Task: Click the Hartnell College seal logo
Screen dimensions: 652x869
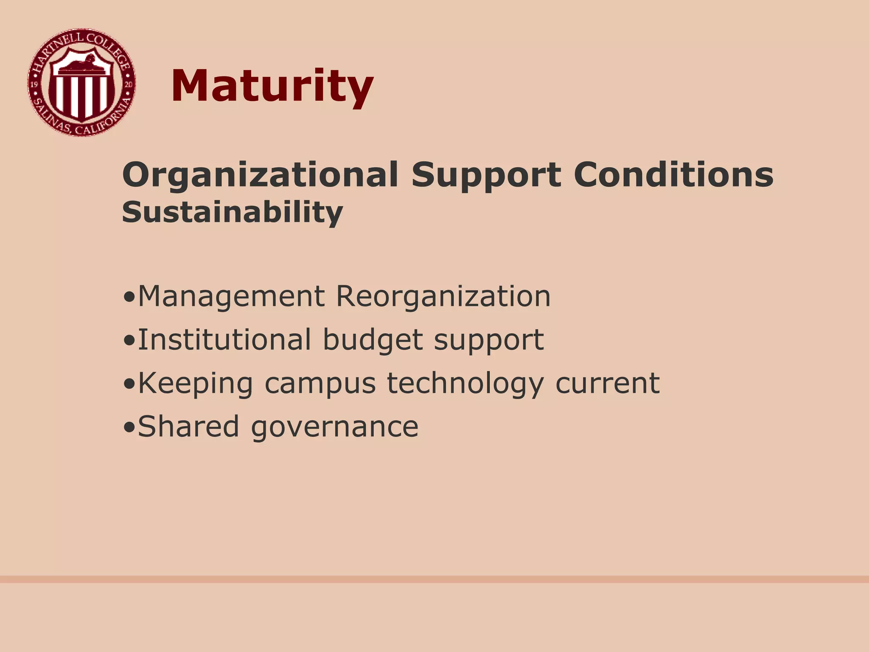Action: click(81, 83)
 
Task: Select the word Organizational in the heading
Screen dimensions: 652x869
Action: click(260, 175)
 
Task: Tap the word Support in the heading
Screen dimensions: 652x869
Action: click(486, 175)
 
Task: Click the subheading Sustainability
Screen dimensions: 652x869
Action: click(232, 212)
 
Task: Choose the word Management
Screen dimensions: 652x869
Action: click(231, 296)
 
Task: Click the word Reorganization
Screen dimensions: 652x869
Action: click(443, 296)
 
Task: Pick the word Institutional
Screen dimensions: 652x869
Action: click(224, 340)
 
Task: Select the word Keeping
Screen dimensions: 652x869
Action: click(196, 384)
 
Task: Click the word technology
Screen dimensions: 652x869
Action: click(465, 384)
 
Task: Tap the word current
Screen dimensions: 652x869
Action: click(607, 383)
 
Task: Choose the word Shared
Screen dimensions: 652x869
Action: click(188, 426)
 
